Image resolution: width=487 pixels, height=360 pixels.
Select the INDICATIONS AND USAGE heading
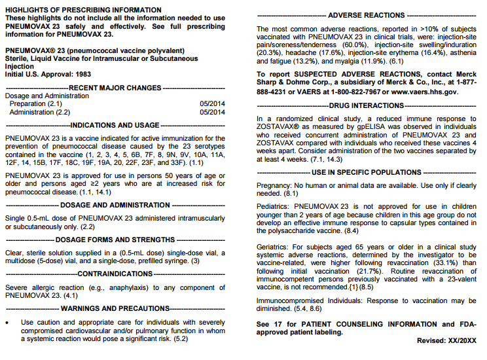pos(115,125)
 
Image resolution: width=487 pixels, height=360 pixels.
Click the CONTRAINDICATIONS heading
pos(115,273)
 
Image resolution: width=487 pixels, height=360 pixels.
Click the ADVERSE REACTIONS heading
pos(366,14)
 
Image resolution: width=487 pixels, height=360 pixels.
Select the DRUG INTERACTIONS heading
pos(366,105)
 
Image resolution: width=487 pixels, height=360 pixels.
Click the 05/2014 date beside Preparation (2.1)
pos(212,104)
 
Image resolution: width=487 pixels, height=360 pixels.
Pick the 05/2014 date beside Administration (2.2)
pos(212,112)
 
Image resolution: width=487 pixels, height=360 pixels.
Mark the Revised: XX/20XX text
pos(447,341)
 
